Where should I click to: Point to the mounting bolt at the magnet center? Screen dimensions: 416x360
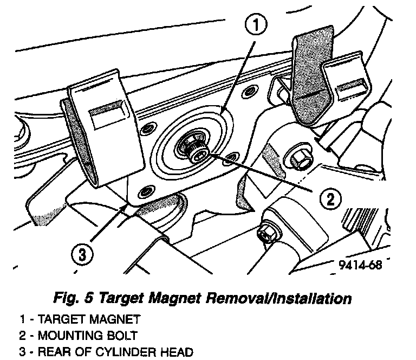(196, 153)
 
